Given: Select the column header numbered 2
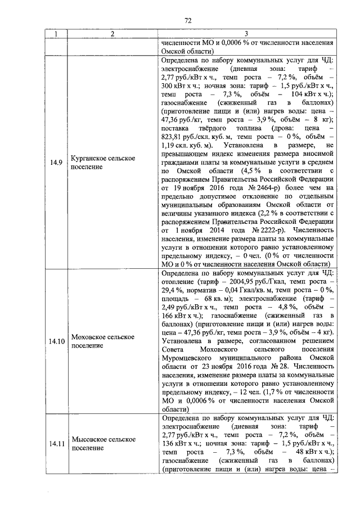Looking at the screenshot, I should [x=112, y=34].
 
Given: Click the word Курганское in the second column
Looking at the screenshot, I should [x=89, y=159].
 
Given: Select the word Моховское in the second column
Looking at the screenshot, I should [x=88, y=336].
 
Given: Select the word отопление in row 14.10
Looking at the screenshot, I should [x=178, y=283].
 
